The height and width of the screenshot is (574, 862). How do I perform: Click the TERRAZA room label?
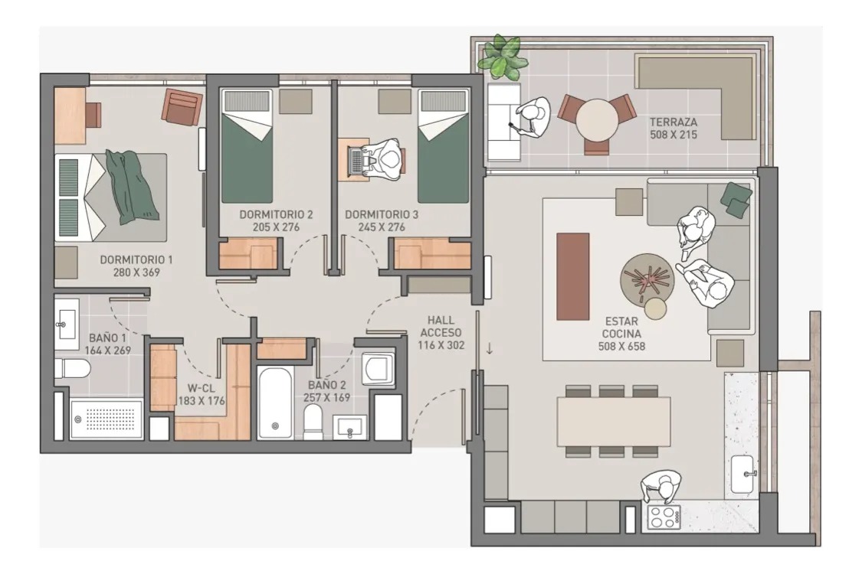[x=673, y=122]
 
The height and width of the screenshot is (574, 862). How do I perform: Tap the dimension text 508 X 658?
[x=621, y=347]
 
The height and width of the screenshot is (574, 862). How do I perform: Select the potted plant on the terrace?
[x=501, y=57]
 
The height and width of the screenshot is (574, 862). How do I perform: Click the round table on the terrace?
[x=597, y=119]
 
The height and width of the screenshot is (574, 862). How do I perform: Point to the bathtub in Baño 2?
[x=275, y=403]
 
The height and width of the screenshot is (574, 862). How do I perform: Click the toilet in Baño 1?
[x=72, y=368]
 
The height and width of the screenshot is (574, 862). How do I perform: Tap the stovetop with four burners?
[x=664, y=517]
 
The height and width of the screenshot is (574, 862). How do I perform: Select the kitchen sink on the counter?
[x=744, y=475]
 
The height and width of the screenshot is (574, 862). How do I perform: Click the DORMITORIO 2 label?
[x=276, y=214]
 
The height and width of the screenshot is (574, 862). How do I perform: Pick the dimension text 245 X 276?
[x=382, y=227]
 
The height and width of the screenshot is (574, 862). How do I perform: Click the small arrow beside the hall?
[x=490, y=348]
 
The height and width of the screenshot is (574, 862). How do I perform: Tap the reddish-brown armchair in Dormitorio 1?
[x=182, y=107]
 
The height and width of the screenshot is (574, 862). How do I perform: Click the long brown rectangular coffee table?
[x=573, y=276]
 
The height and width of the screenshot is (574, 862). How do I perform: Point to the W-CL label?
[x=201, y=388]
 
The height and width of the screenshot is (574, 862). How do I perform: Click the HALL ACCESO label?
[x=441, y=326]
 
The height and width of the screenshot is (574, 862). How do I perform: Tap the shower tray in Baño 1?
[x=107, y=419]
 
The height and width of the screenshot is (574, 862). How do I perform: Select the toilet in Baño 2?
[x=313, y=421]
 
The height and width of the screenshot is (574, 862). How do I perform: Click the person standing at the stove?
[x=660, y=487]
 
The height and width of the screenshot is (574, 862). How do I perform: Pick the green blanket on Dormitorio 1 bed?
[x=131, y=186]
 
